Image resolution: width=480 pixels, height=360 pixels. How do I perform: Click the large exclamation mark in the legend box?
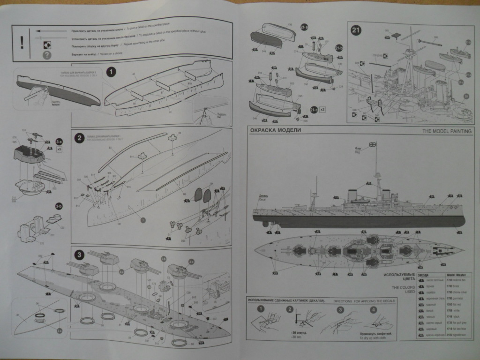click(x=21, y=42)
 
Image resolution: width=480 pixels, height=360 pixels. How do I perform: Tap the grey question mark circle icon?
click(x=46, y=55)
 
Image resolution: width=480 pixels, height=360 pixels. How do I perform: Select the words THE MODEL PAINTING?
click(x=447, y=131)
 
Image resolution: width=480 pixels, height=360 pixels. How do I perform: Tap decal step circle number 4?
click(x=373, y=309)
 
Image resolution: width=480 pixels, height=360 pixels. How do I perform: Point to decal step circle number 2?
click(x=290, y=309)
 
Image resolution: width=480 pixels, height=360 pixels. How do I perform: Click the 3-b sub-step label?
click(x=59, y=205)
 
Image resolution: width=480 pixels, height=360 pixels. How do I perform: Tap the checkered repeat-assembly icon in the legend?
click(x=47, y=45)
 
